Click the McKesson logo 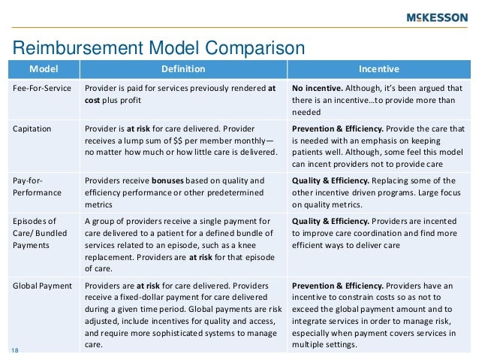[435, 17]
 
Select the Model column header [42, 70]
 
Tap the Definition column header [182, 70]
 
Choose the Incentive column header [378, 70]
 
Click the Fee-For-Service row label [43, 88]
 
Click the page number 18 [15, 349]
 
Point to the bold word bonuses [173, 180]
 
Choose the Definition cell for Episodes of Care [180, 244]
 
